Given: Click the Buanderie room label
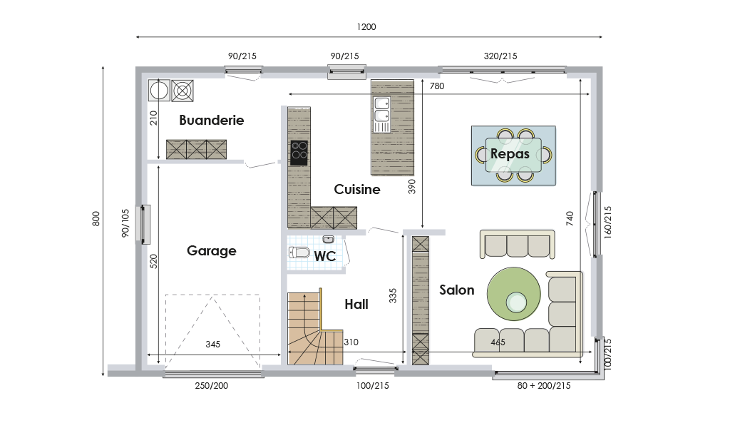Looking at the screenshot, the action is (x=211, y=120).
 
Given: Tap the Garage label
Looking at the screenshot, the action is (x=211, y=251).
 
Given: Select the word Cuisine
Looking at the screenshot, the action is (x=357, y=189).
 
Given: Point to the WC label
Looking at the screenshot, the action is (x=325, y=256).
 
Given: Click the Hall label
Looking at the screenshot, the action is (x=356, y=304).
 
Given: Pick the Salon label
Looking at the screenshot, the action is (x=457, y=290).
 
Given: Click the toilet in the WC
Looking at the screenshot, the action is (x=299, y=253).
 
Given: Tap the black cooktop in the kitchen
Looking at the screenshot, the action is (x=299, y=153).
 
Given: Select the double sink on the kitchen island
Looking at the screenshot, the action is (x=382, y=115).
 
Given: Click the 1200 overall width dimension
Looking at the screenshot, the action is (x=366, y=27).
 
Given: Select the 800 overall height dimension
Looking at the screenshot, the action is (x=96, y=219).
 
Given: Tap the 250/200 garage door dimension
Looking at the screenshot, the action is (x=211, y=386).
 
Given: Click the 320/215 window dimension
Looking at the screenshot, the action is (x=500, y=56).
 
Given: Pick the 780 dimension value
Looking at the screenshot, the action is (x=437, y=86).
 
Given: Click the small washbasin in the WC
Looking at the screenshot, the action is (x=328, y=240).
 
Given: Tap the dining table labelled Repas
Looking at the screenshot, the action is (x=513, y=155).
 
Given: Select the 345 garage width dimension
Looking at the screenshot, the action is (x=212, y=345).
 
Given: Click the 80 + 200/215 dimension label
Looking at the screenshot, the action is (x=544, y=386).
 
